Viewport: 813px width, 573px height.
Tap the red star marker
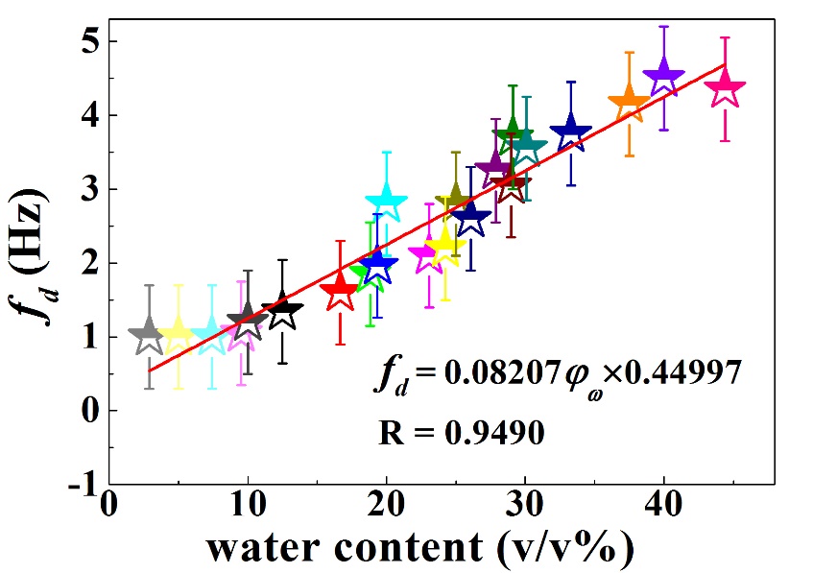340,292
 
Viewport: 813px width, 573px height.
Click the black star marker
282,311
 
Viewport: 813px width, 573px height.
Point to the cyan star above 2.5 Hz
387,200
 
